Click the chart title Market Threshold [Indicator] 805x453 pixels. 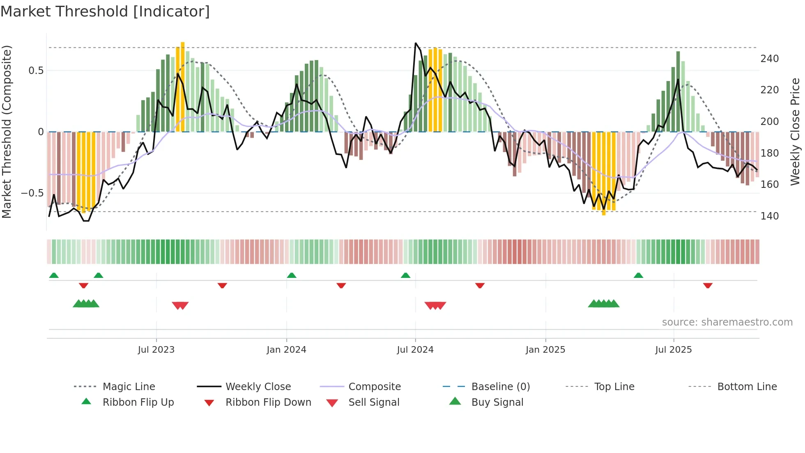pyautogui.click(x=105, y=12)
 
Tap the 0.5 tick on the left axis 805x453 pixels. pyautogui.click(x=36, y=71)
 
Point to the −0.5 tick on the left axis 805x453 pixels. pyautogui.click(x=32, y=193)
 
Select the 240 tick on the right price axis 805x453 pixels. pyautogui.click(x=769, y=59)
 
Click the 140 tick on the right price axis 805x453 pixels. pyautogui.click(x=769, y=216)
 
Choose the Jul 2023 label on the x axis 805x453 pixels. pyautogui.click(x=156, y=350)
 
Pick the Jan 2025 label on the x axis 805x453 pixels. pyautogui.click(x=545, y=350)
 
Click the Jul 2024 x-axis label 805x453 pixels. pyautogui.click(x=415, y=350)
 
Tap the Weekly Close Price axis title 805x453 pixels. pyautogui.click(x=795, y=132)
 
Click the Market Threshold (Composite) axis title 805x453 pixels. pyautogui.click(x=7, y=132)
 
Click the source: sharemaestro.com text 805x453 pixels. pyautogui.click(x=727, y=322)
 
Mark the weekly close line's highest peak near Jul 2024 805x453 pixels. pyautogui.click(x=416, y=43)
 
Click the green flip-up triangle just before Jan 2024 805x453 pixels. pyautogui.click(x=292, y=275)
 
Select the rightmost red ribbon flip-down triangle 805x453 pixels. pyautogui.click(x=708, y=286)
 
